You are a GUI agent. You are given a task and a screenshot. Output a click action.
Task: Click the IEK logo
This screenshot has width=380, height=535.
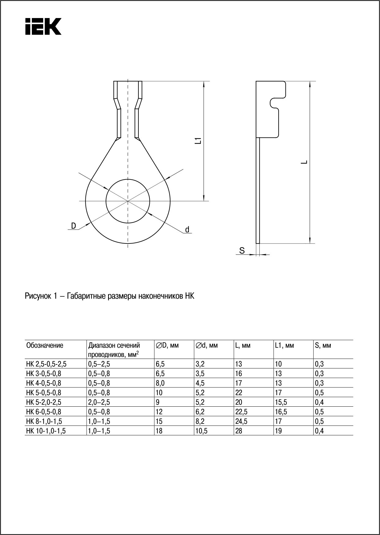click(43, 26)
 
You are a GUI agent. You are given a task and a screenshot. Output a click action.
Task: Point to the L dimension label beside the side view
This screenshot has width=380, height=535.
click(304, 162)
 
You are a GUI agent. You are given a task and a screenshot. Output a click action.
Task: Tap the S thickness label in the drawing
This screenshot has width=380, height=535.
click(242, 251)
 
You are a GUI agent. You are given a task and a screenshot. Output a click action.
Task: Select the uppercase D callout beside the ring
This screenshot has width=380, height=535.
click(73, 226)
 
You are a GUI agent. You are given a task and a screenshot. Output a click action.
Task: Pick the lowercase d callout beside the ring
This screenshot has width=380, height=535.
click(187, 229)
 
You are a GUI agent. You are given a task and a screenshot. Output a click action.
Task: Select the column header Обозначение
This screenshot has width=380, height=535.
click(45, 345)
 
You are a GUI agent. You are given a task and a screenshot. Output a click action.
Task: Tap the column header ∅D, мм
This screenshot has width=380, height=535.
click(167, 345)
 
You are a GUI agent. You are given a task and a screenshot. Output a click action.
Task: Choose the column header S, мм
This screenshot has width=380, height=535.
click(323, 345)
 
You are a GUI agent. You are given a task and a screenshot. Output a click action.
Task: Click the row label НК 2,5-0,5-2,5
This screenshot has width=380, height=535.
click(46, 364)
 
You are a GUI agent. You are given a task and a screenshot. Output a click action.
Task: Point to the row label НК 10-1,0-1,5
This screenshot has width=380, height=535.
click(46, 431)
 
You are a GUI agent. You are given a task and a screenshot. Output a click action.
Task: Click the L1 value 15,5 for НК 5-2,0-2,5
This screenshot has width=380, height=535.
click(281, 402)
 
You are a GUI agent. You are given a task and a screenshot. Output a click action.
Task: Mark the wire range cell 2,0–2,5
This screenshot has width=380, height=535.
click(99, 402)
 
